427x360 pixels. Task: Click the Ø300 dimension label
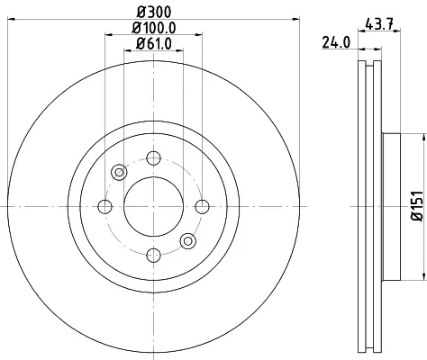[154, 13]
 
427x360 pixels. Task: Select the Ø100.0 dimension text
[154, 28]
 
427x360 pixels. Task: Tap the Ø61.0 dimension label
[154, 44]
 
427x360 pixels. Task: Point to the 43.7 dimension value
[379, 23]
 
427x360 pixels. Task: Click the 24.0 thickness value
[336, 42]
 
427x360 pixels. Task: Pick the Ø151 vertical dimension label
[417, 206]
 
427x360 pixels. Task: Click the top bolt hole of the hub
[153, 158]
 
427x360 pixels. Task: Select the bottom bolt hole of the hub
[153, 256]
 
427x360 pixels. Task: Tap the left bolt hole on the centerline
[104, 207]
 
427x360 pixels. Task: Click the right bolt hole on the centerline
[202, 207]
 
